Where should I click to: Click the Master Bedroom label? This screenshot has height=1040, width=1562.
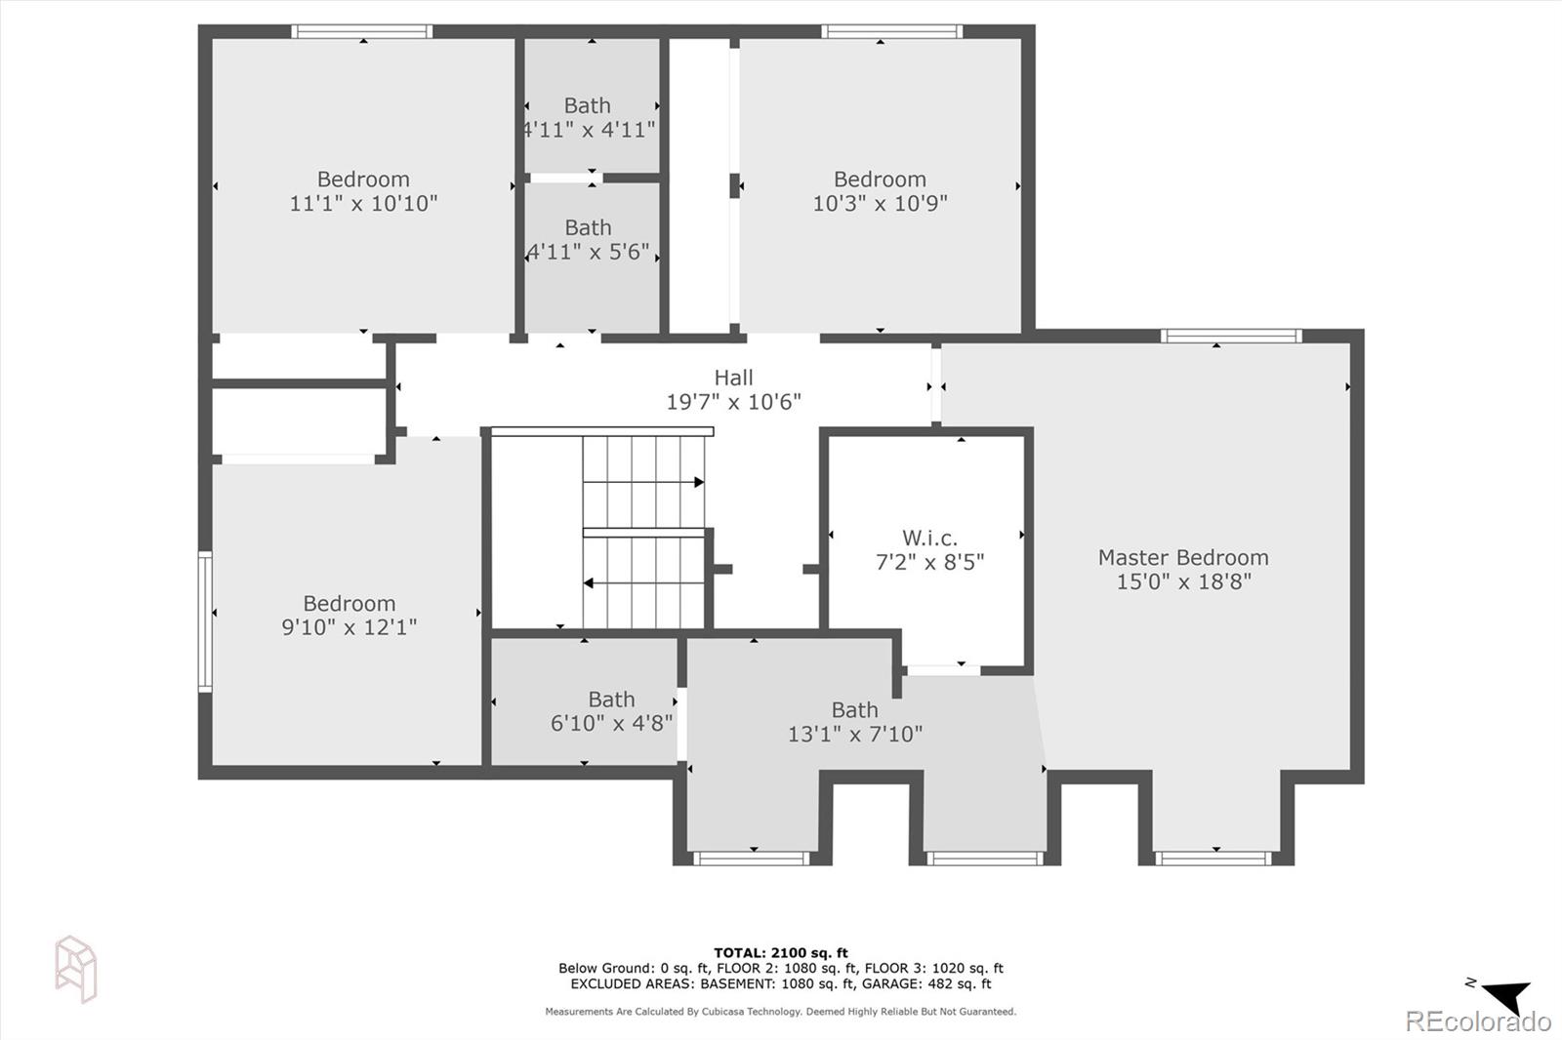click(1183, 558)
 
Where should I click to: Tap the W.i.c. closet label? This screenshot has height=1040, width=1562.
click(929, 538)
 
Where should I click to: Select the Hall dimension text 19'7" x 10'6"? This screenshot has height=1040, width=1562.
click(733, 402)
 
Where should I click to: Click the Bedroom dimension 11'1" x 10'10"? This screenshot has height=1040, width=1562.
click(363, 204)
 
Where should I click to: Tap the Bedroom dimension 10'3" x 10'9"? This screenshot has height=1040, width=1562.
click(880, 204)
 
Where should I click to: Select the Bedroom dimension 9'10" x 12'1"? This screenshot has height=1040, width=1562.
click(349, 627)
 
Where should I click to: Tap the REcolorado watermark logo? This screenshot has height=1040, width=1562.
click(1477, 1021)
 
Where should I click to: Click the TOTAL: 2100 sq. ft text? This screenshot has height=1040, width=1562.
click(781, 953)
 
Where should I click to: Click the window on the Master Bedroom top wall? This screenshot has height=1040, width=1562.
click(1230, 336)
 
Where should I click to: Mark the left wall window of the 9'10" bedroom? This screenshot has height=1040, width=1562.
click(205, 621)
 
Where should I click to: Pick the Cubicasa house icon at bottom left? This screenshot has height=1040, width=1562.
click(76, 968)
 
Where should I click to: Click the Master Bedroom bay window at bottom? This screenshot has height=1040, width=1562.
click(1213, 859)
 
